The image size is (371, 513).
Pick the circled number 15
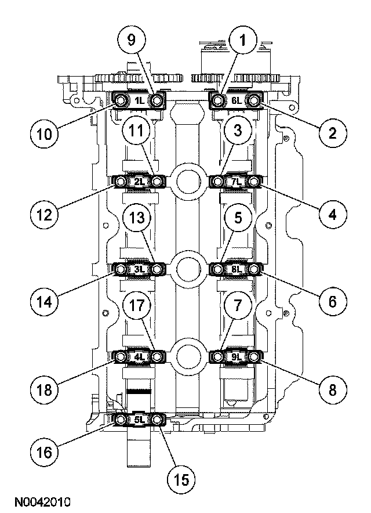coord(181,479)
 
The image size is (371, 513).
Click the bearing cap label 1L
coord(139,101)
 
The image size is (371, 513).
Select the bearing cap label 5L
coord(139,418)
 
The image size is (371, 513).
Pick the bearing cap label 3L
coord(139,269)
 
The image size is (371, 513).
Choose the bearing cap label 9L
coord(236,357)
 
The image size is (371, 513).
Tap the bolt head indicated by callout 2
coord(256,101)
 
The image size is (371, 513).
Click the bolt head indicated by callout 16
coord(121,419)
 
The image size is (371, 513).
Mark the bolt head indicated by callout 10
coord(121,102)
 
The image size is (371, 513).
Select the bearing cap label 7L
coord(236,182)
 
